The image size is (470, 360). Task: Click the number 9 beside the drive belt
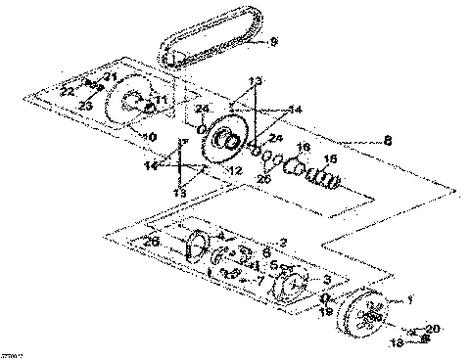(x=273, y=41)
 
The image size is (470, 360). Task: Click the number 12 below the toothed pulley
(x=234, y=171)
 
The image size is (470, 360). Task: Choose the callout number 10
(x=151, y=136)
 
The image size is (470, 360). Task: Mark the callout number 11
(x=161, y=100)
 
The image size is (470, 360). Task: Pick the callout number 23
(x=86, y=105)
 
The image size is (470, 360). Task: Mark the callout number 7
(x=259, y=280)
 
